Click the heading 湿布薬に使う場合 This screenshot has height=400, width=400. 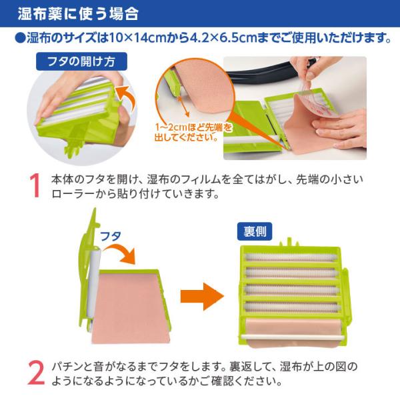78,13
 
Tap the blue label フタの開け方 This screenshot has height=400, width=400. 81,61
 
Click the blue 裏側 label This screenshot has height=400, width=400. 255,231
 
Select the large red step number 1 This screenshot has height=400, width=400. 35,185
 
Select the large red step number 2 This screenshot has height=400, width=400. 36,373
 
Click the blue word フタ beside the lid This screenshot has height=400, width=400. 110,236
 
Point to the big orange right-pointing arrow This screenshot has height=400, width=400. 202,297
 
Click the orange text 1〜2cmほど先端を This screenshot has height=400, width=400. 193,127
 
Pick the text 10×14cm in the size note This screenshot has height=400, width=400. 138,38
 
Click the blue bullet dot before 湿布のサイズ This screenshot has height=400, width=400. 21,38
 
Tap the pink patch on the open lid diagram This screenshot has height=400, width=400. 130,308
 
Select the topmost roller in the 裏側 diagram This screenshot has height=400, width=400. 291,257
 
